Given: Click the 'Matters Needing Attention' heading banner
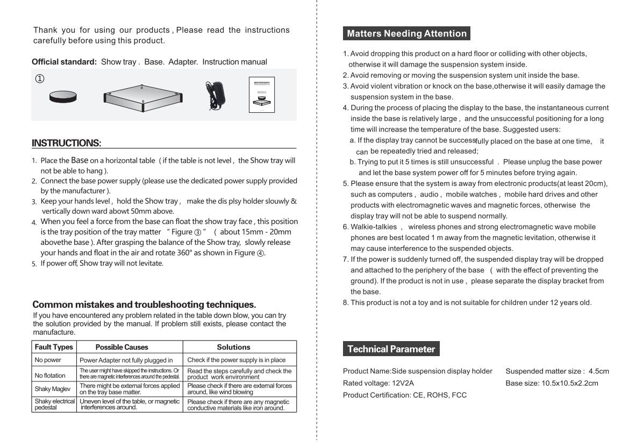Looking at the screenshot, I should [406, 34].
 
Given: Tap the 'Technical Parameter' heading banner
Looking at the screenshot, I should [391, 349].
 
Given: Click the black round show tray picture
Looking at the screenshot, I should [63, 96].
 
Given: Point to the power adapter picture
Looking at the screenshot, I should [215, 96].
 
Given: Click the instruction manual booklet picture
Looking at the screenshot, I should [262, 96].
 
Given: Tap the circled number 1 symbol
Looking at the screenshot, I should [40, 79].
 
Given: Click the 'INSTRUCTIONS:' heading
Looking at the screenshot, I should [66, 143].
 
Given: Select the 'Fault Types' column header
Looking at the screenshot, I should [54, 347].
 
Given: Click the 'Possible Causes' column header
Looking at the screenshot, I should [122, 347].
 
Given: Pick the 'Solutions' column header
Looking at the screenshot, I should [233, 347].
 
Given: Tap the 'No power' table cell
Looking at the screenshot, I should [48, 360].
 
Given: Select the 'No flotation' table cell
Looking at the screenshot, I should [50, 375].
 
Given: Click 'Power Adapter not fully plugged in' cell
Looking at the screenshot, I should [126, 360].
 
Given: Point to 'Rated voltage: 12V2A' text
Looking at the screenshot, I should [378, 383].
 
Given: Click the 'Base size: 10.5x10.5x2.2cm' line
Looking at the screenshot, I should [552, 383].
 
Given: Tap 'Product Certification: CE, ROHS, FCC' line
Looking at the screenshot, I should [405, 395].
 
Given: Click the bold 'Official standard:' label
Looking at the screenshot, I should [64, 62].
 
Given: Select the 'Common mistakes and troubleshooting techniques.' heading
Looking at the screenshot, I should [144, 305].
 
